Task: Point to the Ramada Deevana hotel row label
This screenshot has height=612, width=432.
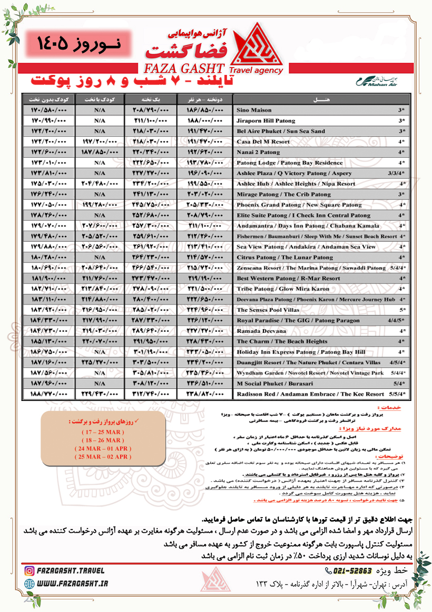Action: (x=261, y=331)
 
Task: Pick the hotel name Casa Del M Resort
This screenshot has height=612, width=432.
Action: (x=263, y=142)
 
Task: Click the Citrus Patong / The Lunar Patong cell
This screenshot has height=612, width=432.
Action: (x=284, y=257)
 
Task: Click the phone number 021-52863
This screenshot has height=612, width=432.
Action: (x=352, y=571)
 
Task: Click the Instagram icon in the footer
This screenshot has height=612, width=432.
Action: (x=30, y=570)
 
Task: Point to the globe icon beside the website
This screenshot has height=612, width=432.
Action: (x=30, y=584)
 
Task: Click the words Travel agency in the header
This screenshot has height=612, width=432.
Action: (x=257, y=70)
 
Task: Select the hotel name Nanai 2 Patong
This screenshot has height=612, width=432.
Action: (x=258, y=152)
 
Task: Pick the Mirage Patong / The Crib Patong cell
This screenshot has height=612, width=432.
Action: (x=283, y=194)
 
